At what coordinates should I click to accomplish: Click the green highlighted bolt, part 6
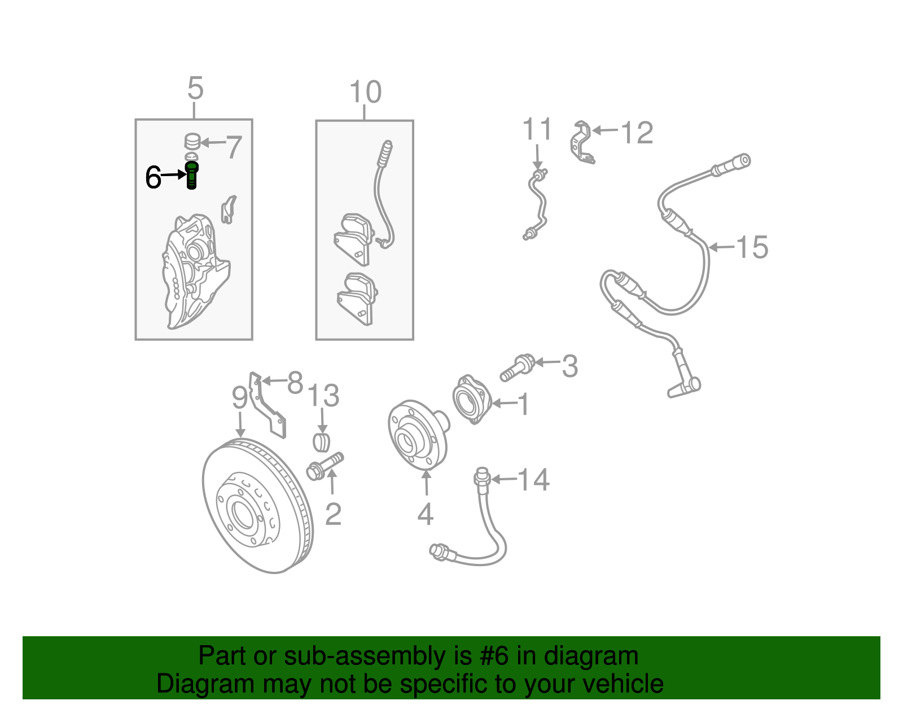[x=191, y=175]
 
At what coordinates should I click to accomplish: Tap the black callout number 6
[x=153, y=177]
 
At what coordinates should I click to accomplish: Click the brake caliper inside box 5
[x=195, y=271]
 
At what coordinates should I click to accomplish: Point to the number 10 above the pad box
[x=365, y=92]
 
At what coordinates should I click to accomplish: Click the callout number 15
[x=752, y=247]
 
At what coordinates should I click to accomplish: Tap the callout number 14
[x=533, y=480]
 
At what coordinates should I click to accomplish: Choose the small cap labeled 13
[x=321, y=442]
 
